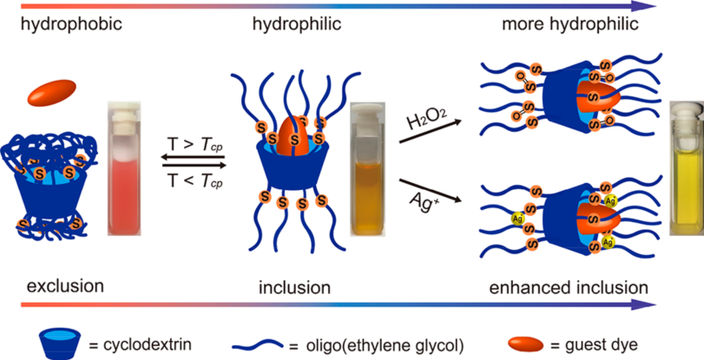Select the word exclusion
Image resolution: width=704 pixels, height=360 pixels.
[65, 285]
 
